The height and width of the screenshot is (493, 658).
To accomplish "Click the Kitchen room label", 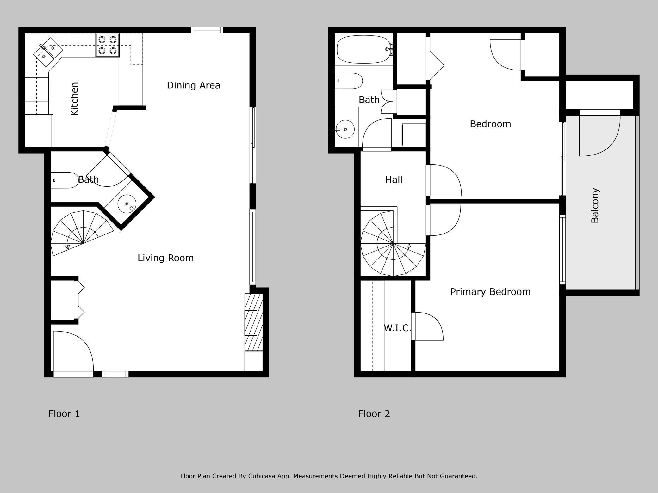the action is (74, 99).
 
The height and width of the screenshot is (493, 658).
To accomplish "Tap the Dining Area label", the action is (193, 85).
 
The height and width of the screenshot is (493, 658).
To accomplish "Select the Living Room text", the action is (165, 258).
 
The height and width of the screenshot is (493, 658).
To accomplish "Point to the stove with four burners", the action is (108, 45).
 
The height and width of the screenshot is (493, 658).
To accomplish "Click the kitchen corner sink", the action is (48, 52).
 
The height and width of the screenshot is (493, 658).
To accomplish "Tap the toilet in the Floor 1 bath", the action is (65, 180).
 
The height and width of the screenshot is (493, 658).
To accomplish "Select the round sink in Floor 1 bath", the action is (127, 204).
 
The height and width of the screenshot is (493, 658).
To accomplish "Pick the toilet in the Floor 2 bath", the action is (348, 81).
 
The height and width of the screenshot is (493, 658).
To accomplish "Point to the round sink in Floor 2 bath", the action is (345, 129).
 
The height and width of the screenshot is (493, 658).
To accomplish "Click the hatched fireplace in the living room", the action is (254, 322).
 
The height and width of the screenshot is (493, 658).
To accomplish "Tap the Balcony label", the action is (595, 205).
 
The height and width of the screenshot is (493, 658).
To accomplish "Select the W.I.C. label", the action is (397, 328).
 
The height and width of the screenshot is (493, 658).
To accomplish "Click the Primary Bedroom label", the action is (490, 292).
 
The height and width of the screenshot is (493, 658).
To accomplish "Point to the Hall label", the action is (394, 180).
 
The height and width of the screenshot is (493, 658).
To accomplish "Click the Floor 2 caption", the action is (374, 414).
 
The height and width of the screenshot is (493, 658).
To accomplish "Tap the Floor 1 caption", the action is (64, 414).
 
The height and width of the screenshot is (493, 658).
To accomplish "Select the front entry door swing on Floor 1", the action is (73, 351).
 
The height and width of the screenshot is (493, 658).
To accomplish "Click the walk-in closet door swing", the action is (427, 326).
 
